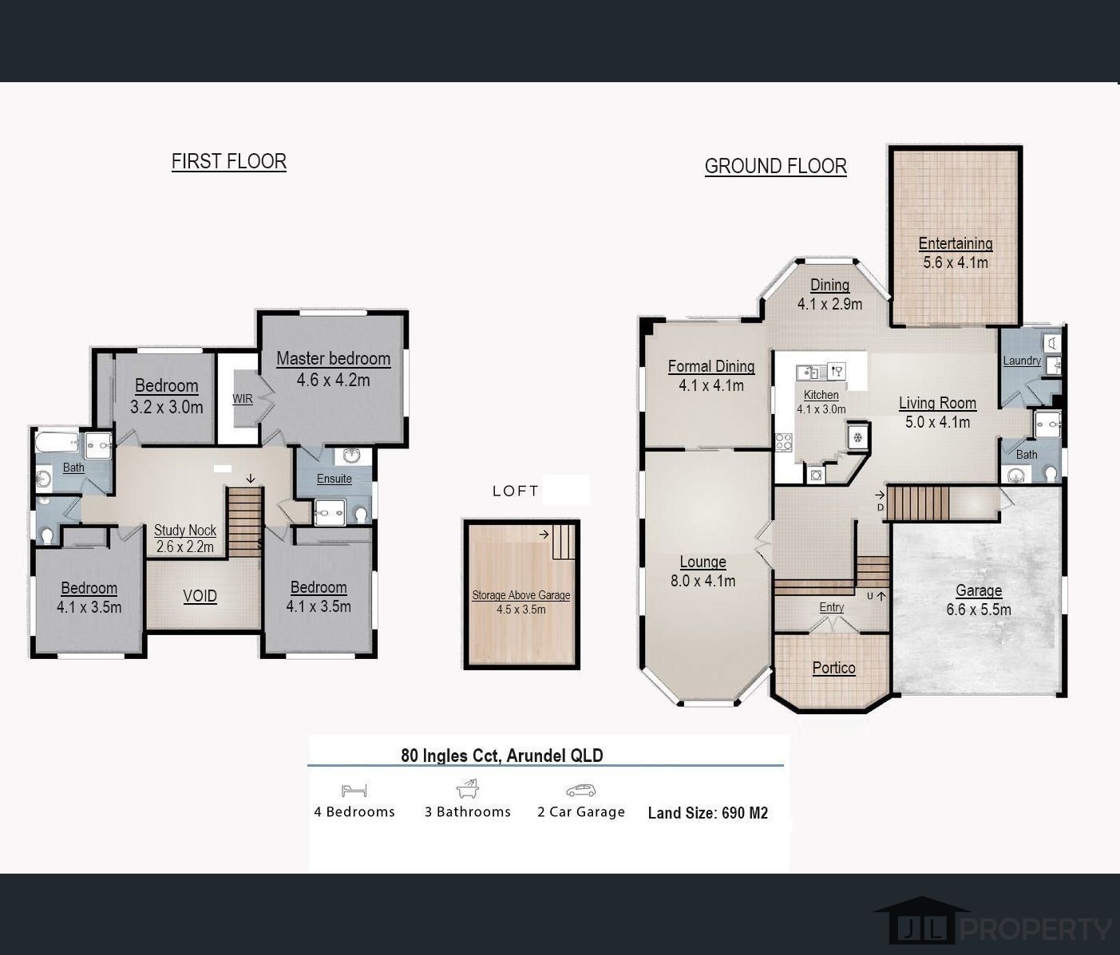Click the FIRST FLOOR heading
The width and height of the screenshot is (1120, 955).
click(228, 161)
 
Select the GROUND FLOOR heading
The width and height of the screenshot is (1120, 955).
click(775, 166)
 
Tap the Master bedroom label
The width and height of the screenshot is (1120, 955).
click(333, 359)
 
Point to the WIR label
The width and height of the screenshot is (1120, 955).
click(243, 399)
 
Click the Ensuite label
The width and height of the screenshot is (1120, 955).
click(334, 479)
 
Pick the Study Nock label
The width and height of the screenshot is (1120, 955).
click(185, 530)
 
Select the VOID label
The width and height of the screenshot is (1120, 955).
click(200, 596)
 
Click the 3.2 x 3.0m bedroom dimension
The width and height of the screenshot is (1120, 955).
click(166, 407)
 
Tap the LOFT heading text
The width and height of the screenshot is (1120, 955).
click(516, 491)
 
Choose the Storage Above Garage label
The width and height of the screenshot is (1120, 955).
click(520, 595)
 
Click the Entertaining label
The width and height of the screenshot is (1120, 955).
click(955, 243)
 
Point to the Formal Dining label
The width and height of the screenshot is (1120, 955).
click(710, 366)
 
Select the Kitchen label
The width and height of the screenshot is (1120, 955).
click(821, 395)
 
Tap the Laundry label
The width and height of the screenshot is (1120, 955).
click(1021, 361)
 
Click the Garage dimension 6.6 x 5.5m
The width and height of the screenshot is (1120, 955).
click(978, 610)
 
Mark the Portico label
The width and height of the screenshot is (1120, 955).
click(833, 668)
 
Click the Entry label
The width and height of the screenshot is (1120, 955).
click(831, 607)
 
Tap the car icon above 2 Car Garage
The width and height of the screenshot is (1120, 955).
click(580, 791)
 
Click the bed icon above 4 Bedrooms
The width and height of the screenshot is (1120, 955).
click(354, 791)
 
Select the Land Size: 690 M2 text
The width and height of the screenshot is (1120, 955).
click(707, 813)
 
